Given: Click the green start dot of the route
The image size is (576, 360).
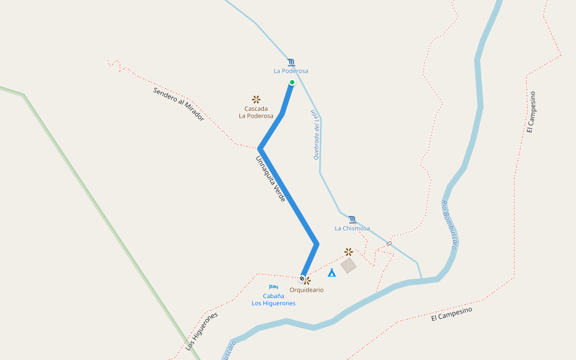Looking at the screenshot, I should click(x=292, y=82).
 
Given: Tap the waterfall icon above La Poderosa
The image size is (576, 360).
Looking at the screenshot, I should click(x=291, y=62).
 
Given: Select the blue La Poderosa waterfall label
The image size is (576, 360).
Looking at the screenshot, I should click(x=291, y=71).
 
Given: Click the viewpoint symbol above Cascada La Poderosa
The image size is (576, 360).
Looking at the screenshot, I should click(x=256, y=99).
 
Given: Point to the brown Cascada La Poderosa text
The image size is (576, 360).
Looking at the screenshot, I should click(x=256, y=112).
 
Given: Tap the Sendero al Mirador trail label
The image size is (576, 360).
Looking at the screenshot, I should click(x=179, y=104).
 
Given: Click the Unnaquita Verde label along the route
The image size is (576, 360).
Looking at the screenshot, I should click(x=271, y=179).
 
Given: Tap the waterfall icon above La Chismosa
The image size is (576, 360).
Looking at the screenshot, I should click(x=352, y=220).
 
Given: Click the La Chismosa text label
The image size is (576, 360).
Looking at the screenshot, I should click(x=352, y=229).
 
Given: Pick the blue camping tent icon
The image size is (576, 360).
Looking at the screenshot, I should click(x=332, y=272).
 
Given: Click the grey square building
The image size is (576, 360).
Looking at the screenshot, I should click(x=349, y=265).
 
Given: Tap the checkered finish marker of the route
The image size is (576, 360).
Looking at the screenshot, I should click(x=302, y=278).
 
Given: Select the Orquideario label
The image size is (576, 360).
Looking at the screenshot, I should click(x=307, y=290).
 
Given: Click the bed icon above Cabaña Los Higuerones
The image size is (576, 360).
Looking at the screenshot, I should click(x=274, y=287).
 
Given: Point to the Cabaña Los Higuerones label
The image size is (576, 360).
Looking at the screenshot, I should click(x=274, y=299).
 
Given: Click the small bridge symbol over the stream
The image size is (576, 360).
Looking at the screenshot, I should click(x=389, y=244).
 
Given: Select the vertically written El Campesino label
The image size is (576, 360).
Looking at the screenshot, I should click(x=531, y=112).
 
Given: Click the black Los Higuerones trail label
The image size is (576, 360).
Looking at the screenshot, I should click(x=201, y=331).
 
